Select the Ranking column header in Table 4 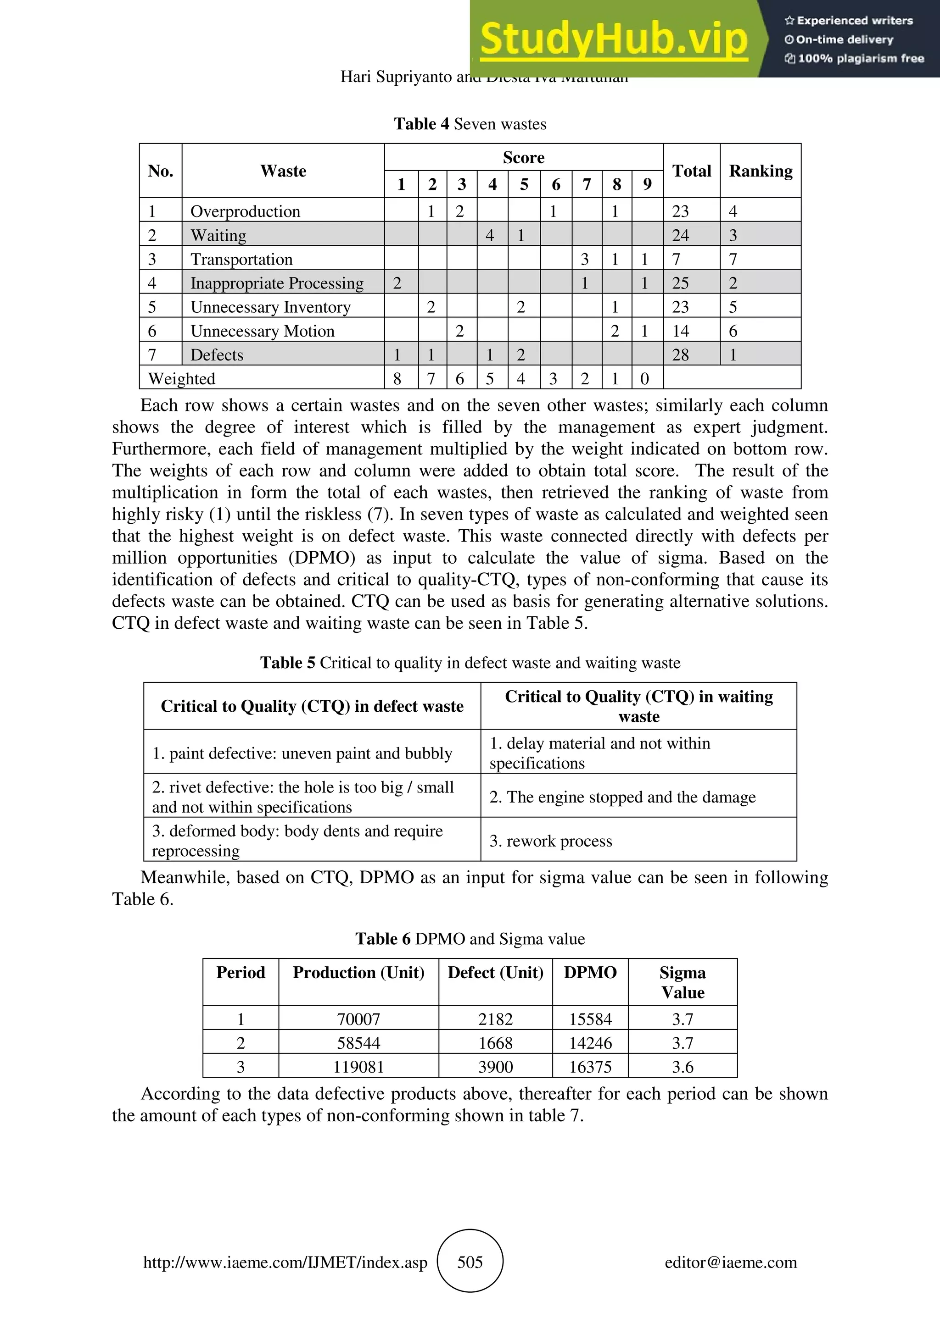(x=761, y=171)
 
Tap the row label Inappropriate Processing (x=277, y=283)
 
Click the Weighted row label (x=182, y=378)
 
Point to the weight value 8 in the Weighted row (x=397, y=378)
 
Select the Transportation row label (x=241, y=259)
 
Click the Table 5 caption (x=470, y=663)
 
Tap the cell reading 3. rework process (x=550, y=841)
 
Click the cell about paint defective (x=302, y=753)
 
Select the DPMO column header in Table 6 (x=590, y=972)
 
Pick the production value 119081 (x=358, y=1067)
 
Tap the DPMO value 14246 (x=590, y=1043)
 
